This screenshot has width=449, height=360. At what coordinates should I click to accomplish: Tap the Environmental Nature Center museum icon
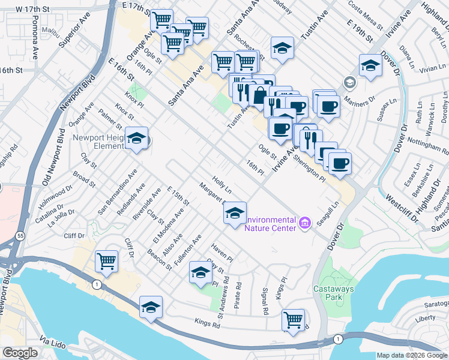coord(304,224)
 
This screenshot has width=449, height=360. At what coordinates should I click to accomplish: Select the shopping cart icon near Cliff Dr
coord(106,260)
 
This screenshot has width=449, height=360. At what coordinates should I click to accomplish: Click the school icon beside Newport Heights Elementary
coord(137,139)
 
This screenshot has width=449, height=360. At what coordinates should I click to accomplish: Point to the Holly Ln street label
coord(222,185)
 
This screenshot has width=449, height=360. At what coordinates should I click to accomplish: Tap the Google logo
coord(20,353)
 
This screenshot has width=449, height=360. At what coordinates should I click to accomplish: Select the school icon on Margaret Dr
coord(235,212)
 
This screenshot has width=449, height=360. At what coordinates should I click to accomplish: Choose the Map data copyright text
coord(411,355)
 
